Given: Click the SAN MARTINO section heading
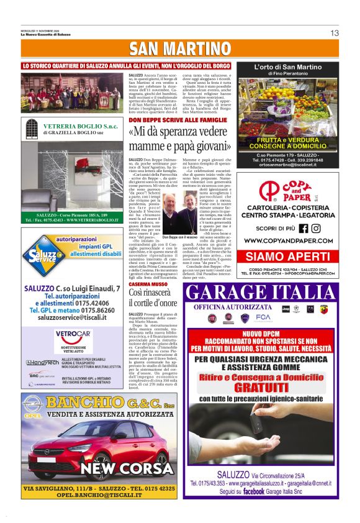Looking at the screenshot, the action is (x=180, y=50).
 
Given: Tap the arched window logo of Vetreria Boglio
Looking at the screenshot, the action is (x=32, y=129).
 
